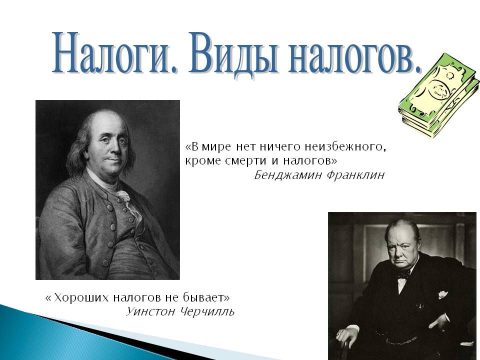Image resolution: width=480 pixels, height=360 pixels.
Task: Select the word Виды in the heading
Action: (x=233, y=52)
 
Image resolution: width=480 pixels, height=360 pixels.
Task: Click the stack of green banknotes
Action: (x=439, y=95)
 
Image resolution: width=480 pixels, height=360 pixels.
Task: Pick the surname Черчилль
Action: (x=207, y=312)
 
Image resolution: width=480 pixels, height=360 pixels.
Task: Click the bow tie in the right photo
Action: (x=403, y=274)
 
